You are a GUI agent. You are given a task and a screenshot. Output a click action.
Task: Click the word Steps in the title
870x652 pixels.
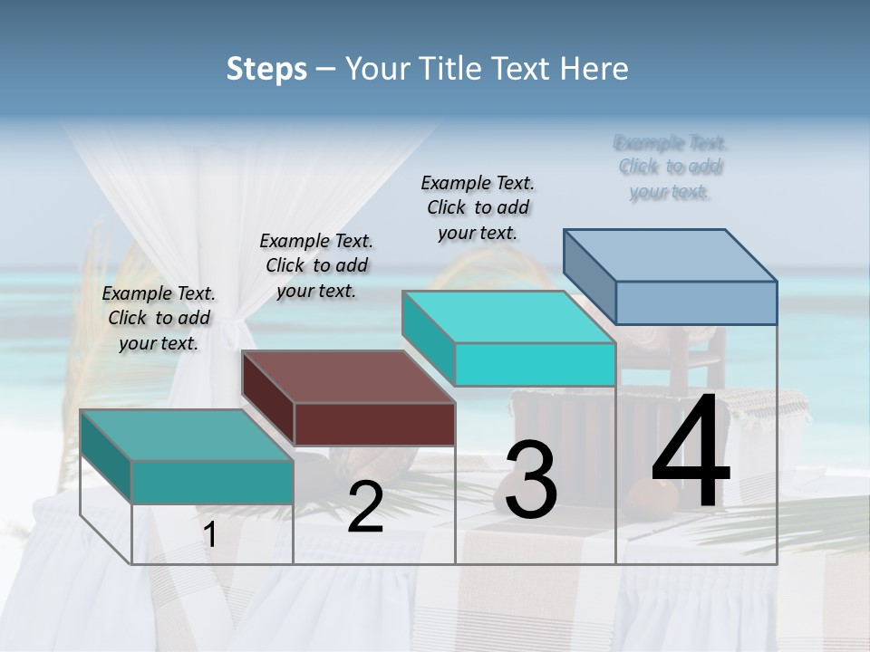266,69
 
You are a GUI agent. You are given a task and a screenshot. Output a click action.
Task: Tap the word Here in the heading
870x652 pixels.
593,69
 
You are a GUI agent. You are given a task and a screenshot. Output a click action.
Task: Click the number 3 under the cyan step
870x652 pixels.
531,480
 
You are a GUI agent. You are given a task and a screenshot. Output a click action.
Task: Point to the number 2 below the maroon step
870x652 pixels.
365,507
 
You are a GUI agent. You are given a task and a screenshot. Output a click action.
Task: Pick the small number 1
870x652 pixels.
210,535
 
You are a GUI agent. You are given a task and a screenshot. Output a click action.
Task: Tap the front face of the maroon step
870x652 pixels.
374,424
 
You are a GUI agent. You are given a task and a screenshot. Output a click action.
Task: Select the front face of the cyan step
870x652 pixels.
535,364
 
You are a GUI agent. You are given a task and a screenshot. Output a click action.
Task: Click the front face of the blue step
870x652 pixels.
696,302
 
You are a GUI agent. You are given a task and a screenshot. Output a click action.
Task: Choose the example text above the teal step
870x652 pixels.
159,318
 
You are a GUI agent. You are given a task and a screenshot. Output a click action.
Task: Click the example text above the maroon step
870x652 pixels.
316,265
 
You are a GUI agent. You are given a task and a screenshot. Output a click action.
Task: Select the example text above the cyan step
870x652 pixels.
478,207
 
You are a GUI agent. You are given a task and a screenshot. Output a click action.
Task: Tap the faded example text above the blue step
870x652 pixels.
671,168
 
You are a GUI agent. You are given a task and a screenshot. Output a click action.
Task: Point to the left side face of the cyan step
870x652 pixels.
429,336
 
